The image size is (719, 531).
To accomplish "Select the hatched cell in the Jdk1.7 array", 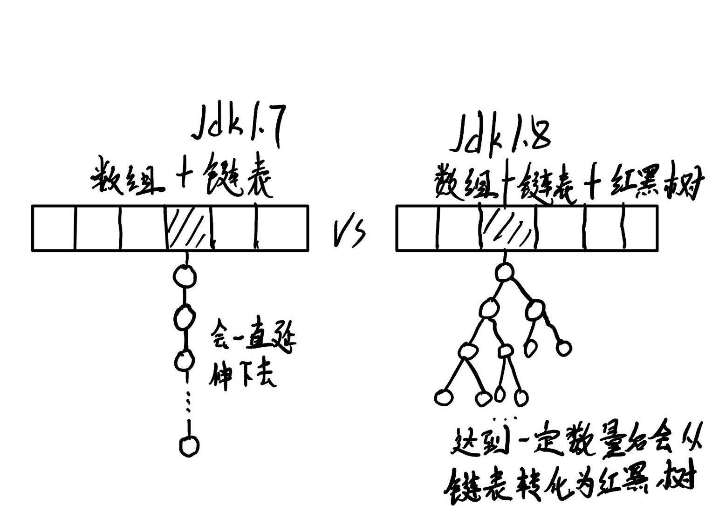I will coord(189,228).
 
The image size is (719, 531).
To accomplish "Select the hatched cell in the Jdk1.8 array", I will coord(509,228).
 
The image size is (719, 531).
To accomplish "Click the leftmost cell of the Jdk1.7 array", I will coord(53,228).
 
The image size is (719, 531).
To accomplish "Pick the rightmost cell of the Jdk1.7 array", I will coord(281,228).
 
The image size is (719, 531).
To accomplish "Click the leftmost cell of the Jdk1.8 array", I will coord(417,228).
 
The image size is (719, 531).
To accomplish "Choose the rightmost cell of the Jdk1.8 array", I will coord(641,228).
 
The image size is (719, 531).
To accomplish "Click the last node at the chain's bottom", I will coord(189,445).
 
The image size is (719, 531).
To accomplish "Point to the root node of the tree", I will coord(504,272).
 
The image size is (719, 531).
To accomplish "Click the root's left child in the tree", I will coord(488,308).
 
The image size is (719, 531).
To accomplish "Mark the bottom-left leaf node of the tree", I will coord(443,397).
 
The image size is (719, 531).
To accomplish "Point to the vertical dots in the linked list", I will coord(188,403).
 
